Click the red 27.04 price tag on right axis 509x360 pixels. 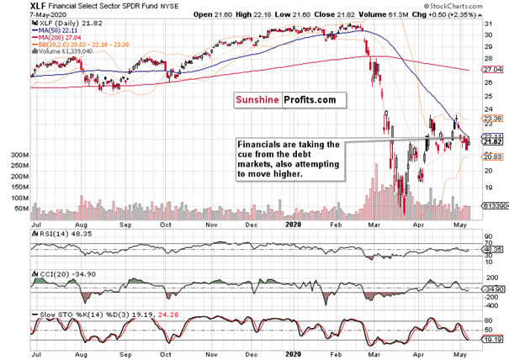pos(490,71)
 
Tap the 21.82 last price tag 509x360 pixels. pos(490,142)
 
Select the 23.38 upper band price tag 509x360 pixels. pos(490,119)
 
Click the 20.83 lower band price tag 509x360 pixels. pos(490,156)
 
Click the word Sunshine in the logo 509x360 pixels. pos(257,100)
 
